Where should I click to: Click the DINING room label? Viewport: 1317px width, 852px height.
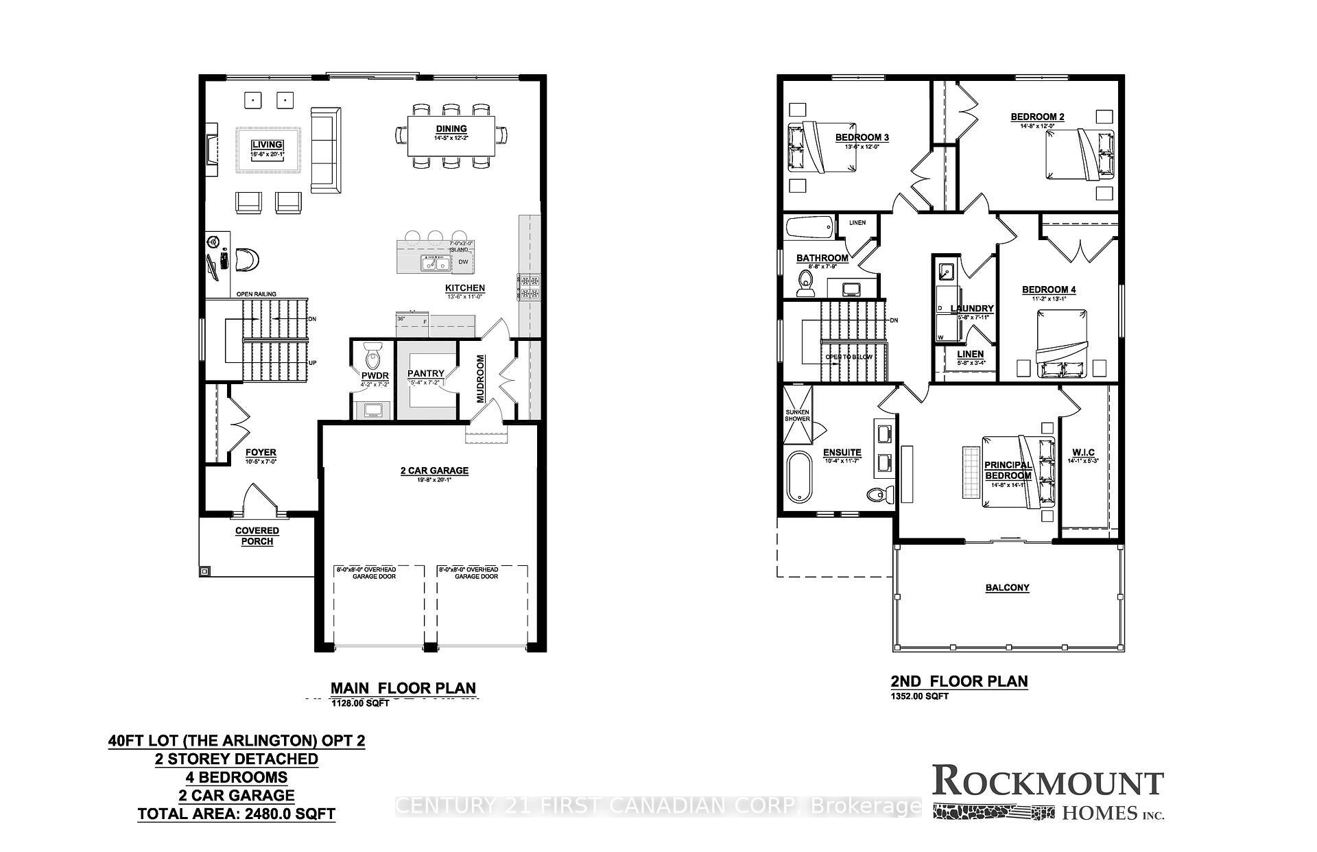451,129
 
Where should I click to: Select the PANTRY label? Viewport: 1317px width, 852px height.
426,374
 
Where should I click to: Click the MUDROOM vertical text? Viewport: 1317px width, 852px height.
481,379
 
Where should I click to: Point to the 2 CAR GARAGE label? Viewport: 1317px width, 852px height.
434,471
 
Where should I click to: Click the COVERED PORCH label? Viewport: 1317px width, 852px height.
257,536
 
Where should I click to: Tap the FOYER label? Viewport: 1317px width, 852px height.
261,453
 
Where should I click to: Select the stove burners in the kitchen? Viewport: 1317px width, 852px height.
528,287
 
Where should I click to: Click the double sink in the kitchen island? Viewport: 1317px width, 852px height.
434,263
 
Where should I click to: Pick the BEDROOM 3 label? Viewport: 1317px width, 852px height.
862,137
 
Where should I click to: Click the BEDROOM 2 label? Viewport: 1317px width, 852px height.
1037,117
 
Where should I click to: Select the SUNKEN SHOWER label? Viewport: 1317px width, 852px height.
797,416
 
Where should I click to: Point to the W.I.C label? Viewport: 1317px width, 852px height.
1083,453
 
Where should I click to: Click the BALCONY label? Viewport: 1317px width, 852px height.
1007,588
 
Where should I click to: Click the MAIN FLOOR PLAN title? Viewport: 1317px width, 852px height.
403,688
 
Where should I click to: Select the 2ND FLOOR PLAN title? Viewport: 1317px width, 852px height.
959,681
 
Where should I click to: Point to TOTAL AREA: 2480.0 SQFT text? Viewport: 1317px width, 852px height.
237,815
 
